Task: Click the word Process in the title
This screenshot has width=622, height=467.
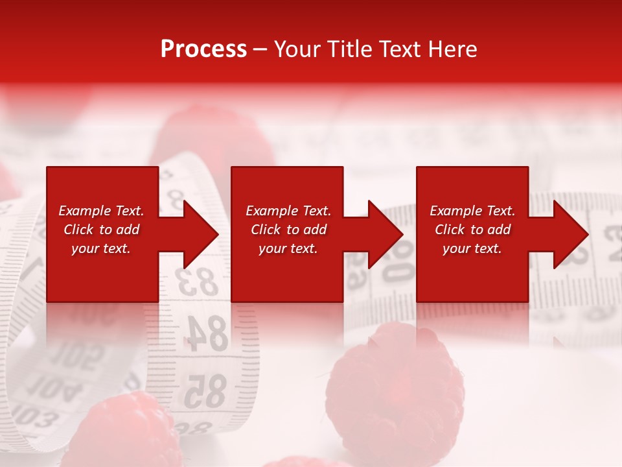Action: pos(203,49)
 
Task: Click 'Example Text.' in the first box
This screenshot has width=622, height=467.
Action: pos(101,211)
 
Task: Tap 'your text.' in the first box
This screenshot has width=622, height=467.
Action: pos(101,248)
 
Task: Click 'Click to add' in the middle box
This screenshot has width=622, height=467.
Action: pos(288,230)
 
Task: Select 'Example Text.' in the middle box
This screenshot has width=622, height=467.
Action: pos(288,211)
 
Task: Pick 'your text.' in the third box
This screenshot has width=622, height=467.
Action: pos(472,248)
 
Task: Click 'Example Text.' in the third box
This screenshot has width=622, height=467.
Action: pos(472,211)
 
